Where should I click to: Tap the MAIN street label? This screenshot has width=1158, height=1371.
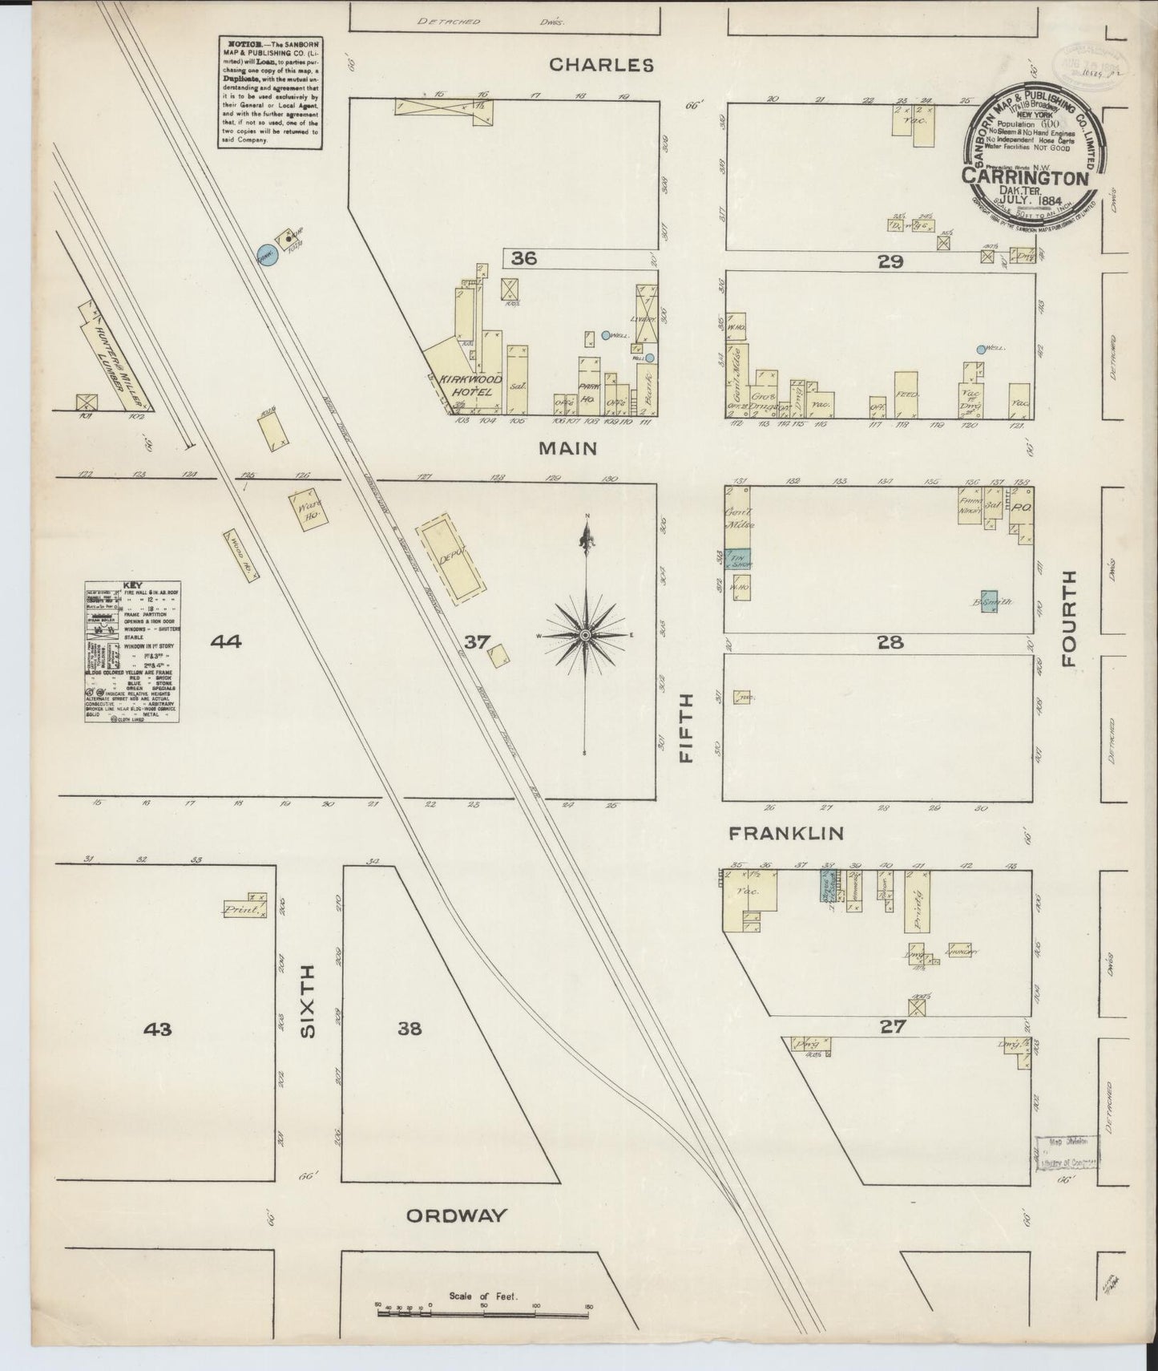coord(567,448)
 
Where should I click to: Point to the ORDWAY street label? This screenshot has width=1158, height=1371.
coord(456,1215)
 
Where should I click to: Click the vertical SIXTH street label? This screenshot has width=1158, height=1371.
coord(309,1002)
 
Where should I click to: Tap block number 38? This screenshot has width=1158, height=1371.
coord(410,1029)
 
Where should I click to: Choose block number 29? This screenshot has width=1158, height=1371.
coord(890,261)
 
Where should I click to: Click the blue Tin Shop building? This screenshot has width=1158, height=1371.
coord(737,559)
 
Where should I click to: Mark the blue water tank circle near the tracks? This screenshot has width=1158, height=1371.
coord(266,255)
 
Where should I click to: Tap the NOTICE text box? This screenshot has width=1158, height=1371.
coord(269,91)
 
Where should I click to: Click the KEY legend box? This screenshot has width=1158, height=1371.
coord(132,651)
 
